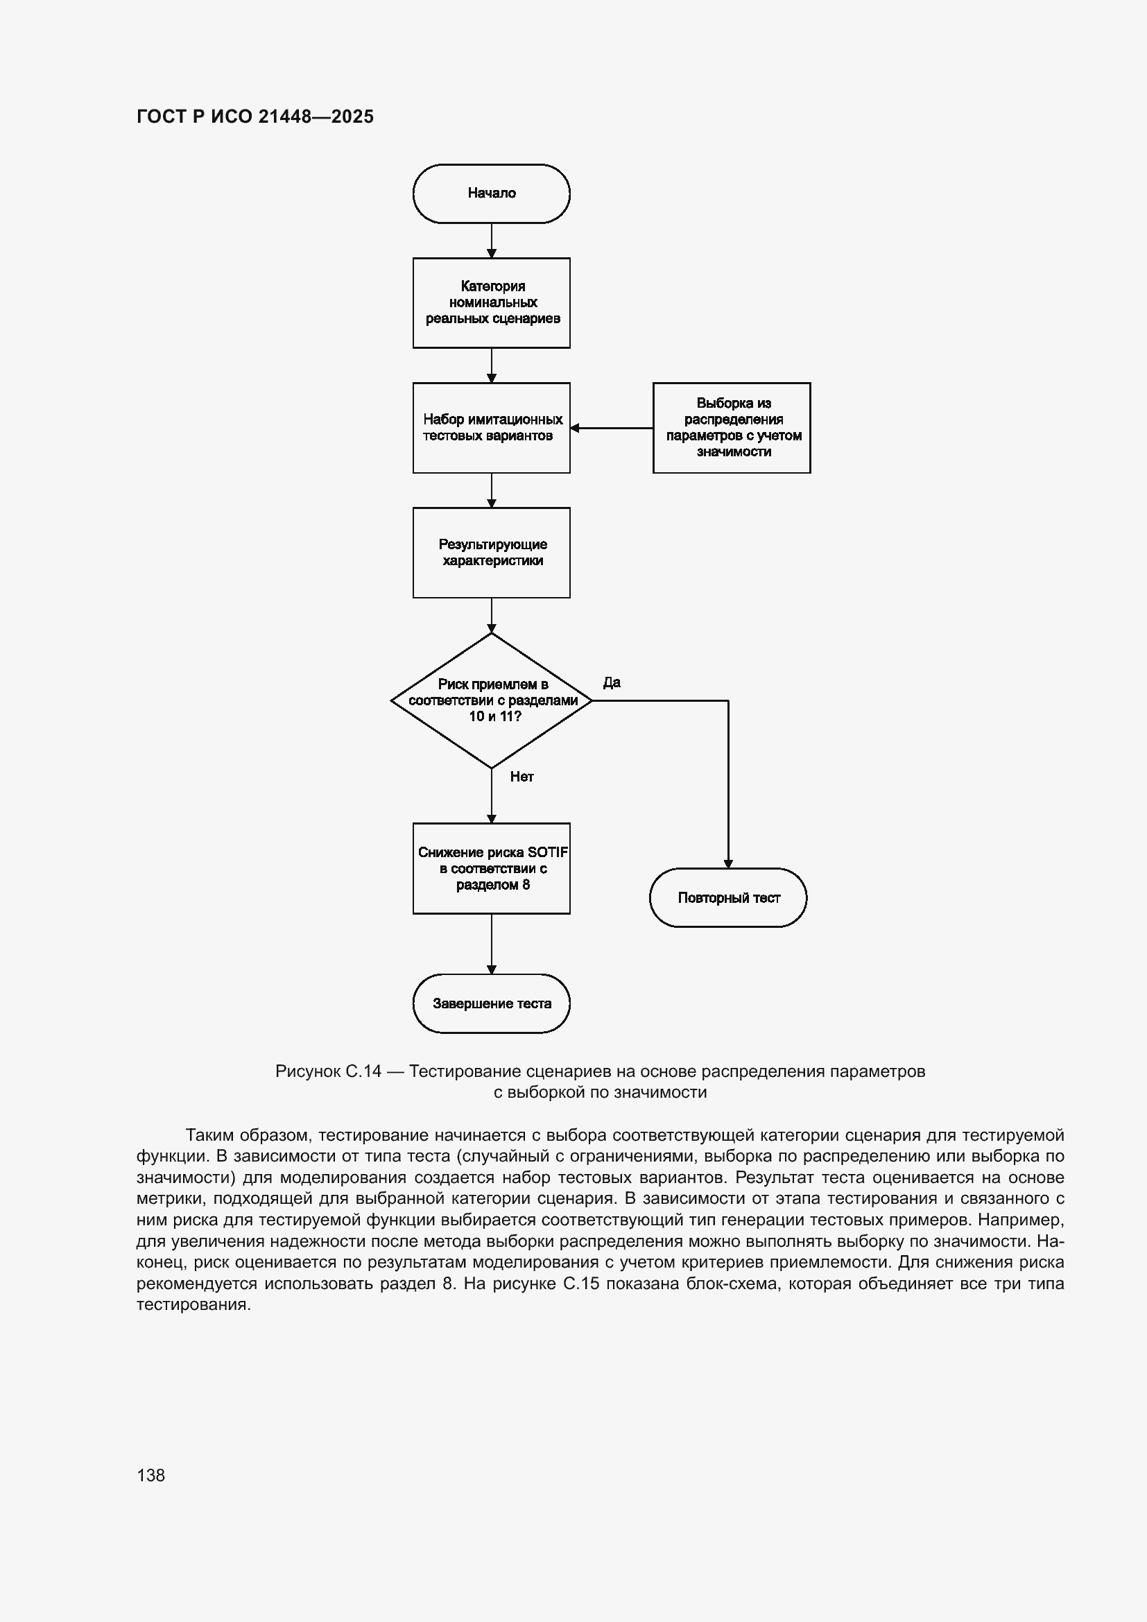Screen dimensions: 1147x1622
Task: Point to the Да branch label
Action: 612,682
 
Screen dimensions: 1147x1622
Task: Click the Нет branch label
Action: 522,777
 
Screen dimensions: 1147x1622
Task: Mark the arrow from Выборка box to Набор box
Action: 612,427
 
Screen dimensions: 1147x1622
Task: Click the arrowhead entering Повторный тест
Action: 728,864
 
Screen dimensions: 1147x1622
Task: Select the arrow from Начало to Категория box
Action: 492,241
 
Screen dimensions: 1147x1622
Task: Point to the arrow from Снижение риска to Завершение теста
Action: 492,944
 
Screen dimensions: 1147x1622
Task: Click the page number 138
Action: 150,1475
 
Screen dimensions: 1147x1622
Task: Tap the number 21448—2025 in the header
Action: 316,117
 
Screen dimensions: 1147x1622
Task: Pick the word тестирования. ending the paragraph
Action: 193,1305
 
